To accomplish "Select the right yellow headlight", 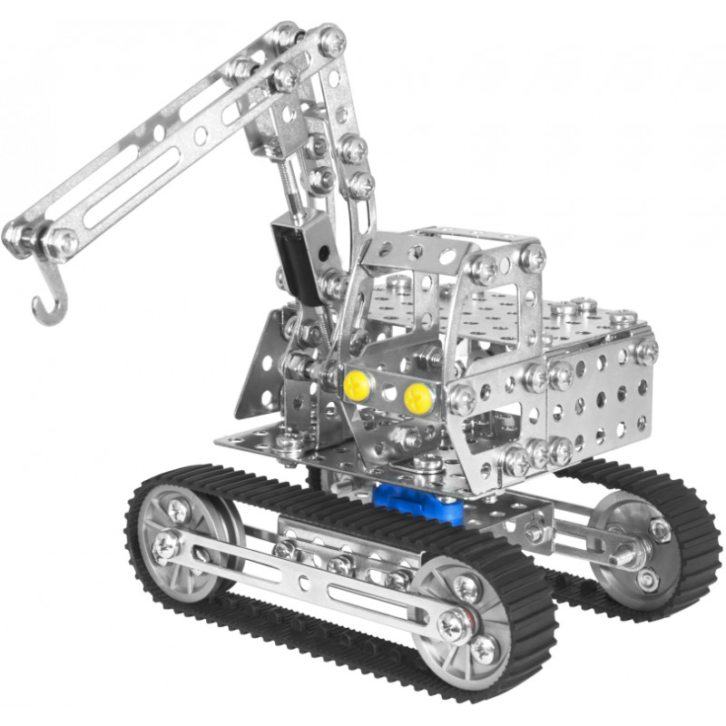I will (x=417, y=396).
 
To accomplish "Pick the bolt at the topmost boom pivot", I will (x=331, y=40).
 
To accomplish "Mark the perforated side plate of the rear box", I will (x=599, y=390).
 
